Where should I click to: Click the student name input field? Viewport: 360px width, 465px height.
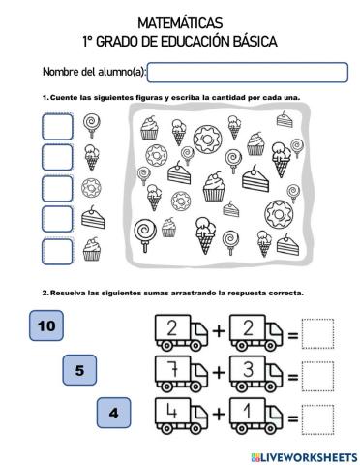click(x=247, y=73)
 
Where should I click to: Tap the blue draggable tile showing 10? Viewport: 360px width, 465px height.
click(x=45, y=326)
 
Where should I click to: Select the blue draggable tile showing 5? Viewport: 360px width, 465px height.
click(x=79, y=369)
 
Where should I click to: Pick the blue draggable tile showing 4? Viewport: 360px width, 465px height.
click(x=114, y=413)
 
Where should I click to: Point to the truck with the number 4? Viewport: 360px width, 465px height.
click(x=176, y=417)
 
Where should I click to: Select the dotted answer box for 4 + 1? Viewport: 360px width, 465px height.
click(x=316, y=418)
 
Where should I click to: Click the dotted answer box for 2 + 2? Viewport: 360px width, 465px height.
click(x=316, y=334)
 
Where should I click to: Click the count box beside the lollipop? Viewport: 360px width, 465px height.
click(x=58, y=127)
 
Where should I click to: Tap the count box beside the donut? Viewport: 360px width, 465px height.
click(x=58, y=187)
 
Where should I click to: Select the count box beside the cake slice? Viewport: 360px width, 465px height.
click(x=58, y=218)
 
